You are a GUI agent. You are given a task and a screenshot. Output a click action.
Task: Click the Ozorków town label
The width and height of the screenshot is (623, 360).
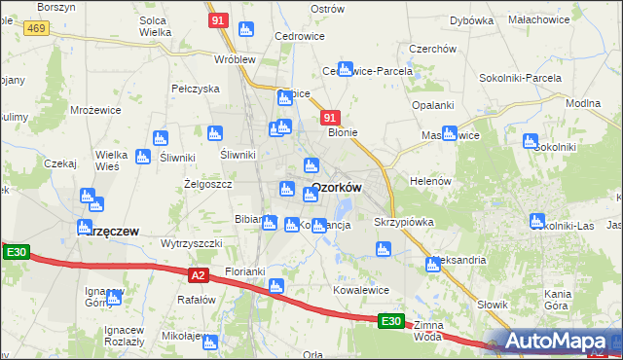[337, 188]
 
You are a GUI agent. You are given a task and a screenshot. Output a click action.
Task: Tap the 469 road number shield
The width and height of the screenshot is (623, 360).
[37, 29]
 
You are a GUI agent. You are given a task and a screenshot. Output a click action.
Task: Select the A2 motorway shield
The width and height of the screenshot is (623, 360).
[198, 275]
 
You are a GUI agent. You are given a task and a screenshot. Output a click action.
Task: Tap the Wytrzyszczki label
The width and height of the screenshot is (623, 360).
[192, 243]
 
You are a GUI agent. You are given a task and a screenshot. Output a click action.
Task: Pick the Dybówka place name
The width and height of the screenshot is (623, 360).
[471, 20]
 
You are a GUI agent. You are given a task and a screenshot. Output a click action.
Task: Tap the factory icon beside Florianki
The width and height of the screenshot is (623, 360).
[275, 286]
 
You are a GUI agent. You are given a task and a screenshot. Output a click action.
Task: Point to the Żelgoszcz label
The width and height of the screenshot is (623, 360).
[207, 183]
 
